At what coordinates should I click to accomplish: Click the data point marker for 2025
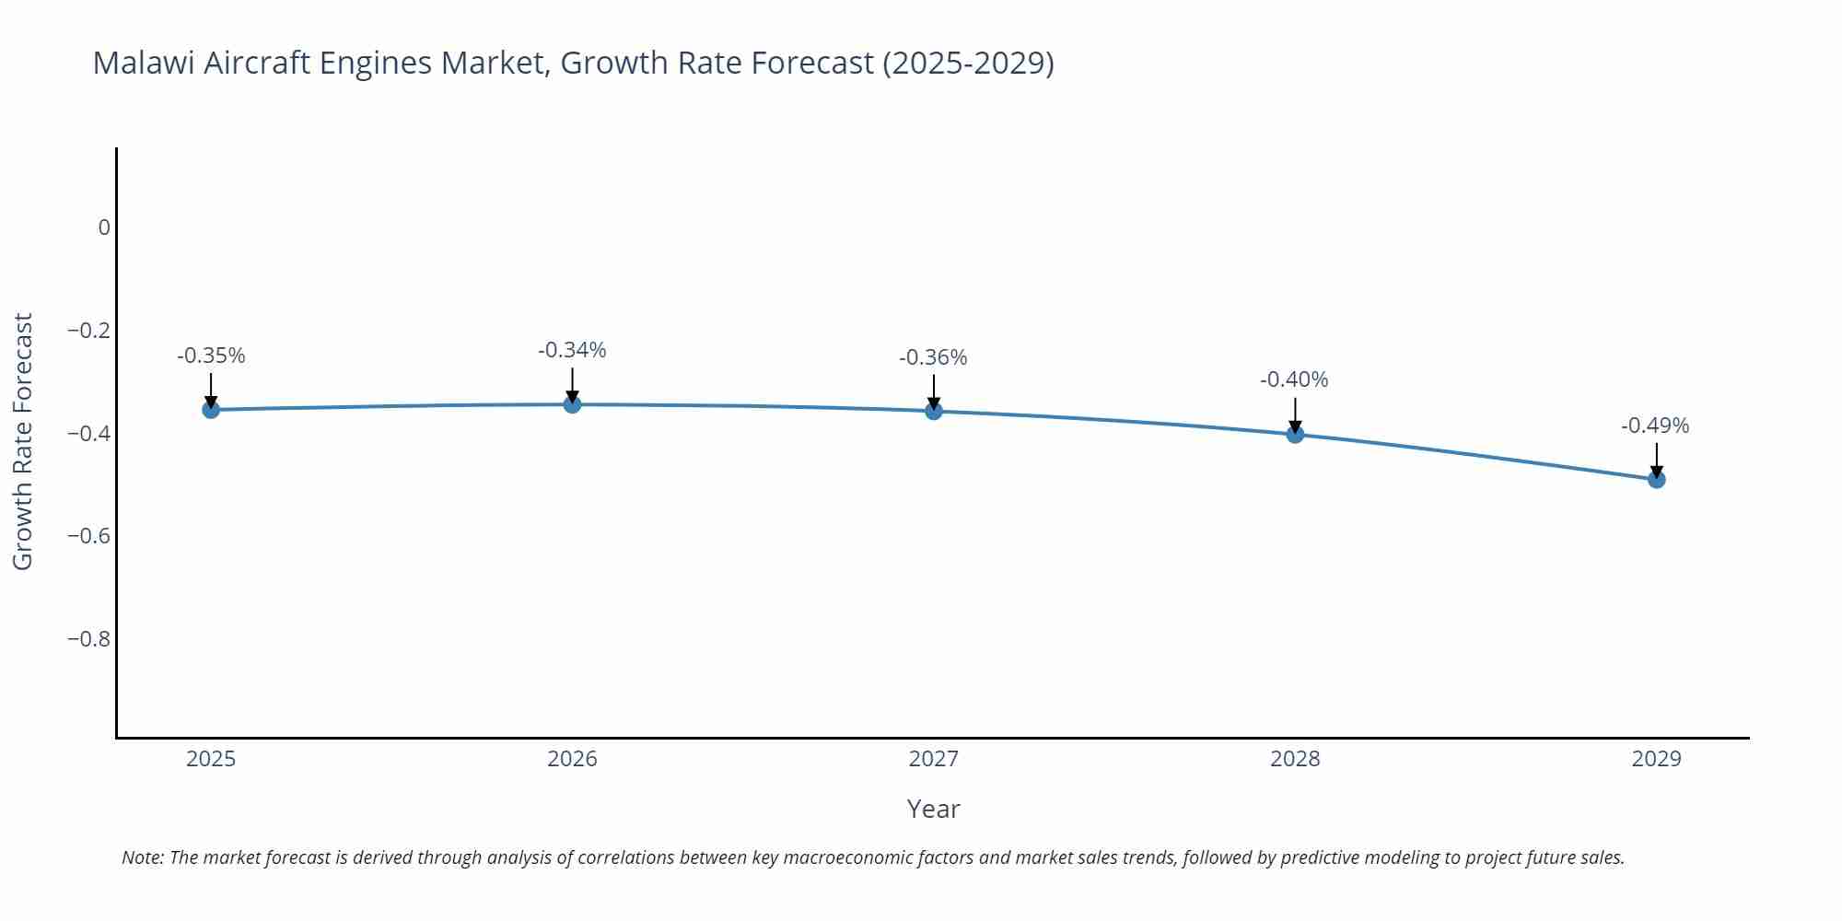point(211,409)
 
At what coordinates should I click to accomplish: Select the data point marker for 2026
point(572,403)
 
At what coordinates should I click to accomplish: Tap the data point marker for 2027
point(934,411)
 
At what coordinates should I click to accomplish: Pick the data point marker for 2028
point(1295,434)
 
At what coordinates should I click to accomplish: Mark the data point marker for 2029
point(1656,479)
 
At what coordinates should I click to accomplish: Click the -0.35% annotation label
point(211,356)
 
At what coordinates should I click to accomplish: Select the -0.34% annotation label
point(572,350)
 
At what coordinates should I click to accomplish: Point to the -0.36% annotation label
point(933,357)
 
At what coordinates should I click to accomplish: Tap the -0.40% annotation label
point(1294,379)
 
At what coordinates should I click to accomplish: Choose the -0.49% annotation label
point(1655,426)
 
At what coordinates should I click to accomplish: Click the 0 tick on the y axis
point(104,227)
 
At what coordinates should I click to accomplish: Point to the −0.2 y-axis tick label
point(88,330)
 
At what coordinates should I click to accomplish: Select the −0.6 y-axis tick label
point(88,536)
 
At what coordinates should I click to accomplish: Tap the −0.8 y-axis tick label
point(88,638)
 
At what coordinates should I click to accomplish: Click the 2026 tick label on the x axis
point(572,759)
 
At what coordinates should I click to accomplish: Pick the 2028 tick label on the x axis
point(1295,759)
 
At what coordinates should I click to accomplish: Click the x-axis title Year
point(933,809)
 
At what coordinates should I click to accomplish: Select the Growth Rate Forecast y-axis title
point(23,441)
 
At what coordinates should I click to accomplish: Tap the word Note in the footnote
point(142,857)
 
